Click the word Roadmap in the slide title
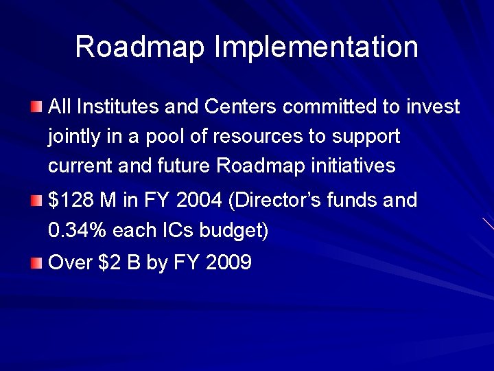point(140,47)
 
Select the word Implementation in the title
point(316,47)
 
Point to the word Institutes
point(113,106)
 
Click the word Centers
point(240,106)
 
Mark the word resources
point(259,137)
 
